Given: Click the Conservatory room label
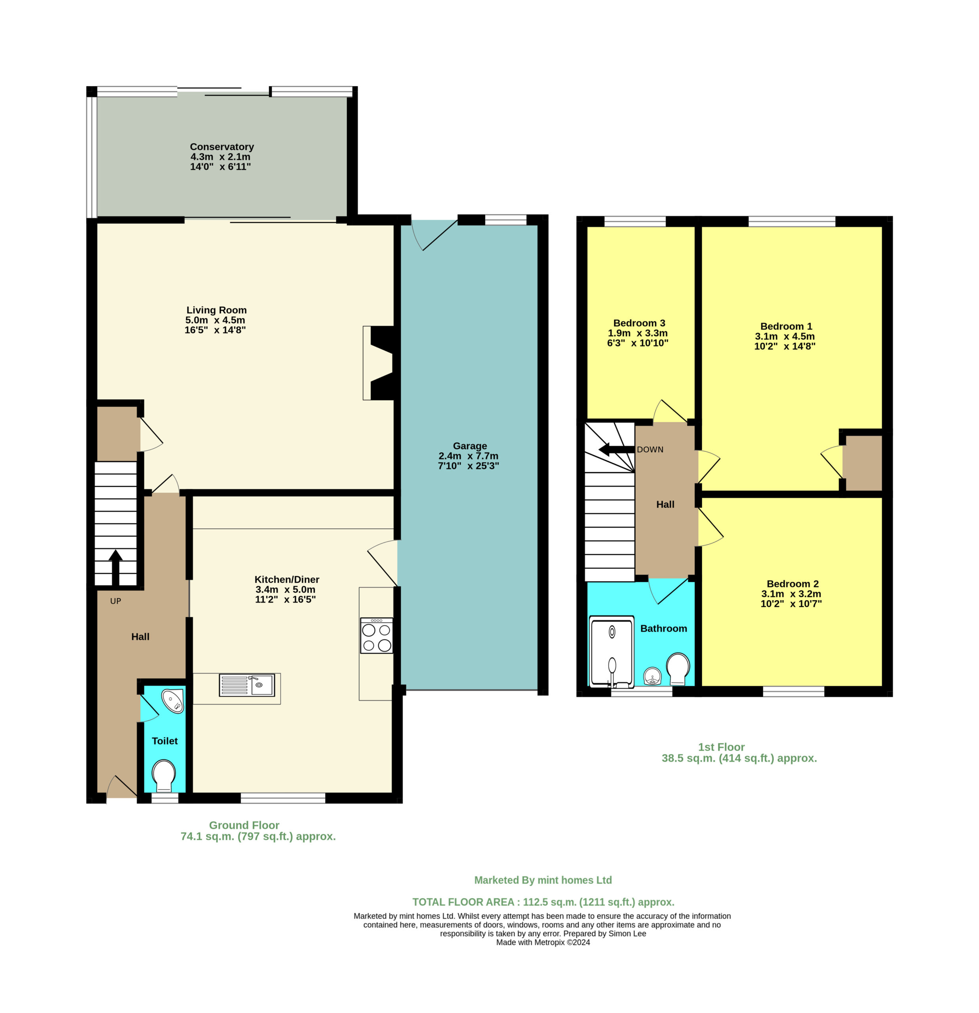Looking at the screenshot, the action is click(x=222, y=147).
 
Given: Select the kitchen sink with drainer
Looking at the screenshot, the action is click(x=247, y=685).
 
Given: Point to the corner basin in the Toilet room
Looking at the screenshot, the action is click(x=173, y=701).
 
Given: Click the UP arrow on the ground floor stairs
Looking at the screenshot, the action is click(x=115, y=567).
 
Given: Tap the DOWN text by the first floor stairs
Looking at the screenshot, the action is click(x=650, y=450).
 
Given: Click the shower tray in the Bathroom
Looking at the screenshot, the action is click(x=611, y=652).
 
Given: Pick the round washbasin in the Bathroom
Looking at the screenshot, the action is click(x=653, y=676).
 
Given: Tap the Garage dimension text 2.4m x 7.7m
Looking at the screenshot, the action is click(x=469, y=456).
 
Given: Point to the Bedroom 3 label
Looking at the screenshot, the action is click(x=639, y=323).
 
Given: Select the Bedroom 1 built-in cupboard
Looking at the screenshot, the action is click(x=862, y=463).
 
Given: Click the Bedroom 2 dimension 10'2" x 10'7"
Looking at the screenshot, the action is click(x=791, y=604).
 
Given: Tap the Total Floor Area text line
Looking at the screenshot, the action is click(x=543, y=902).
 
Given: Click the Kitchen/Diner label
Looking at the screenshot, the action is click(x=287, y=579).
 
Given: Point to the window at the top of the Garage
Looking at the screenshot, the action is click(x=505, y=220).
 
